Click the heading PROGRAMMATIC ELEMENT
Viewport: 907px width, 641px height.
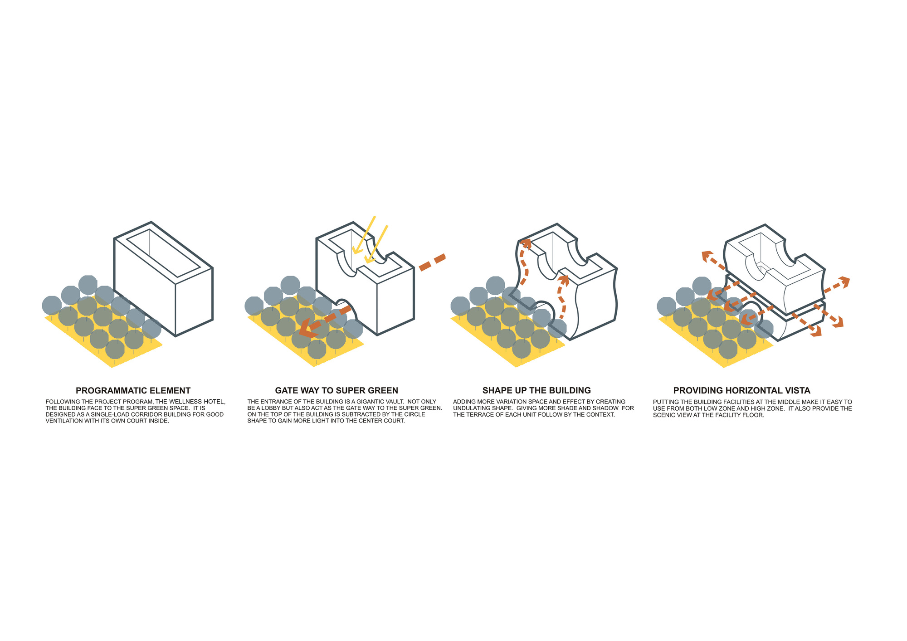(x=133, y=390)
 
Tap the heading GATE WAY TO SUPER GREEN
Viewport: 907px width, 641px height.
(x=336, y=390)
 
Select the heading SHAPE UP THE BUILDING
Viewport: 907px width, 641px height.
(x=536, y=390)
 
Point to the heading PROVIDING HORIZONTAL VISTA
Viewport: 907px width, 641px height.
(x=742, y=390)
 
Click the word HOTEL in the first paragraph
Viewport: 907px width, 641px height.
(x=215, y=402)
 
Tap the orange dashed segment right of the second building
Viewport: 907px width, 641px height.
(x=432, y=262)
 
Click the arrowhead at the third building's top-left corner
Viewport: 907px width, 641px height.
(x=526, y=243)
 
